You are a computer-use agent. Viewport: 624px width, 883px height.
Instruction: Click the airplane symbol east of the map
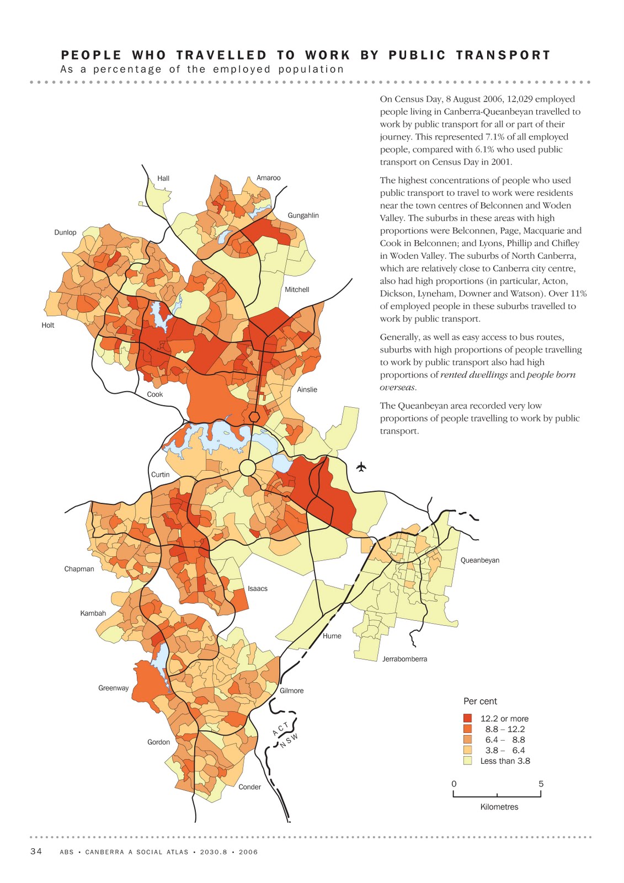pos(361,467)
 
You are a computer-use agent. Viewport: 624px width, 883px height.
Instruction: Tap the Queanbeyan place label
pos(479,560)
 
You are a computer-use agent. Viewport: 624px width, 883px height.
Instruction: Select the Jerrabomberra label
pos(404,659)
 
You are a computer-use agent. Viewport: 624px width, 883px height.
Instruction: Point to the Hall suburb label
pos(163,178)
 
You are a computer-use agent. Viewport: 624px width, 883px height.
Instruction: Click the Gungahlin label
pos(303,215)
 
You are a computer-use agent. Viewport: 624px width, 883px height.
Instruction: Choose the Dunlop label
pos(65,232)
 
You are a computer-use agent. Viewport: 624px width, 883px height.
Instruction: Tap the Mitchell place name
pos(297,290)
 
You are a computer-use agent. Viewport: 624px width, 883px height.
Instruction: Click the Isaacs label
pos(257,589)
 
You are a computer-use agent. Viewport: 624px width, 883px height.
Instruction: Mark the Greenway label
pos(113,688)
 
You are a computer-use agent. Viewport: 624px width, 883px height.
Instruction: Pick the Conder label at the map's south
pos(249,787)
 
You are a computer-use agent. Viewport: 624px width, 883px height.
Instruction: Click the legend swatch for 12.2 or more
pos(468,719)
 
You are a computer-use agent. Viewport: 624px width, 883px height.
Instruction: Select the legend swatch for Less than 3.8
pos(468,760)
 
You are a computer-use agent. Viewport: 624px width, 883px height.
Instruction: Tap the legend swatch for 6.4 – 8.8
pos(468,740)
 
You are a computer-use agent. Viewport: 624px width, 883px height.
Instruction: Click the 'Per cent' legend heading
pos(480,701)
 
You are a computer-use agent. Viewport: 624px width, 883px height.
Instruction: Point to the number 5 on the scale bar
pos(541,784)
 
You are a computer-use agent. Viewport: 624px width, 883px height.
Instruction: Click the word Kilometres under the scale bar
pos(499,807)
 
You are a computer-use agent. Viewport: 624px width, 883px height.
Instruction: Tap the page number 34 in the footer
pos(36,852)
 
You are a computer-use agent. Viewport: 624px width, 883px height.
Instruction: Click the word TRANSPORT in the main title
pos(503,55)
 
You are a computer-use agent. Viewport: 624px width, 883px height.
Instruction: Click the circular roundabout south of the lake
pos(248,468)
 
